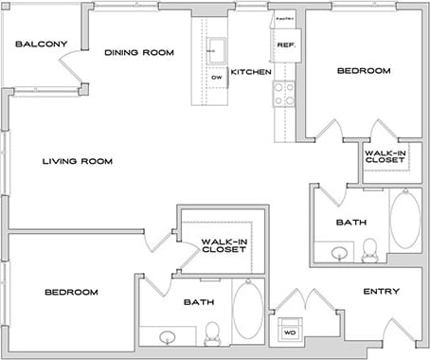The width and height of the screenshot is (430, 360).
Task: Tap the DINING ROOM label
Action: (139, 53)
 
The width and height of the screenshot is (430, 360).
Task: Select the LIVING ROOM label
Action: (78, 162)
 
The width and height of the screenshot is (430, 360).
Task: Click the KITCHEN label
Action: (252, 72)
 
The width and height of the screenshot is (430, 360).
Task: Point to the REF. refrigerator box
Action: (284, 45)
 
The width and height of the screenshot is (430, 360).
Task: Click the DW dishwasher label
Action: (216, 77)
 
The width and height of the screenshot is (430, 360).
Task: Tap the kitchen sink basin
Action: (216, 48)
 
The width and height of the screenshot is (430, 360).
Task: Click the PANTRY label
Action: (284, 18)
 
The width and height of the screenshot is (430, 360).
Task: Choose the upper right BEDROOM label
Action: (365, 71)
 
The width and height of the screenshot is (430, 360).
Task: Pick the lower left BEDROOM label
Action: (72, 293)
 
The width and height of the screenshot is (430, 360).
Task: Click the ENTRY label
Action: (382, 292)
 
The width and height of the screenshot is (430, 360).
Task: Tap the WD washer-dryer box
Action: (287, 333)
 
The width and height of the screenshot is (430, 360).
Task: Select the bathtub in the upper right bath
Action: (405, 220)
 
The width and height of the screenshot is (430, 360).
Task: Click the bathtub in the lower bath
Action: (248, 310)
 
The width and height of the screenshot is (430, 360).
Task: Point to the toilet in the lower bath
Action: (212, 330)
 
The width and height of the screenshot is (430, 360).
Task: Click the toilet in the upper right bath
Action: (369, 248)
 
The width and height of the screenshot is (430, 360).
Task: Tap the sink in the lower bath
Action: (168, 335)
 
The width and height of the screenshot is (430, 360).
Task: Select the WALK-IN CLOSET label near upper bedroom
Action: (385, 155)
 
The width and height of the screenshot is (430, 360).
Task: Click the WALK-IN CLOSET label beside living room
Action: (224, 245)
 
